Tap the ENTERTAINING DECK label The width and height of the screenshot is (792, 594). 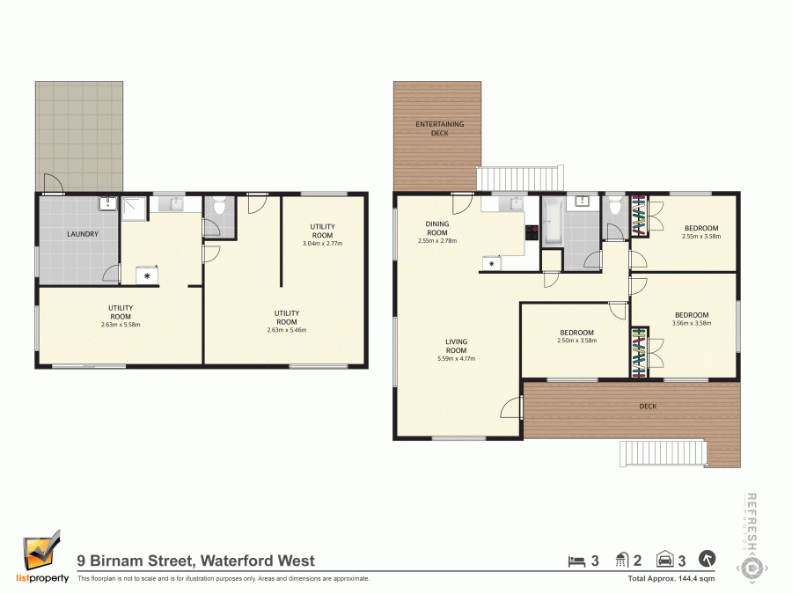[x=439, y=128]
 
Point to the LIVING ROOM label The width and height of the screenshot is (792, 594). [x=456, y=345]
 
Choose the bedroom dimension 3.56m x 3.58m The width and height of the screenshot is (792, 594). [x=691, y=323]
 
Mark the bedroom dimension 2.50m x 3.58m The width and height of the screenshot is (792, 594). [x=578, y=341]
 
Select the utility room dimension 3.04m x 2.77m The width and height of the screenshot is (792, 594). [x=322, y=243]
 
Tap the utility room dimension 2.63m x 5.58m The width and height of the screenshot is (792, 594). [x=121, y=325]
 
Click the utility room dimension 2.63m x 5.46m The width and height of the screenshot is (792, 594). [x=287, y=330]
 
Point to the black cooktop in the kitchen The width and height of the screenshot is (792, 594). [x=532, y=233]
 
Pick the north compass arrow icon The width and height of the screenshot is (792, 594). [x=707, y=559]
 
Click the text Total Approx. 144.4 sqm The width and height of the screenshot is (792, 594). [x=671, y=578]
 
